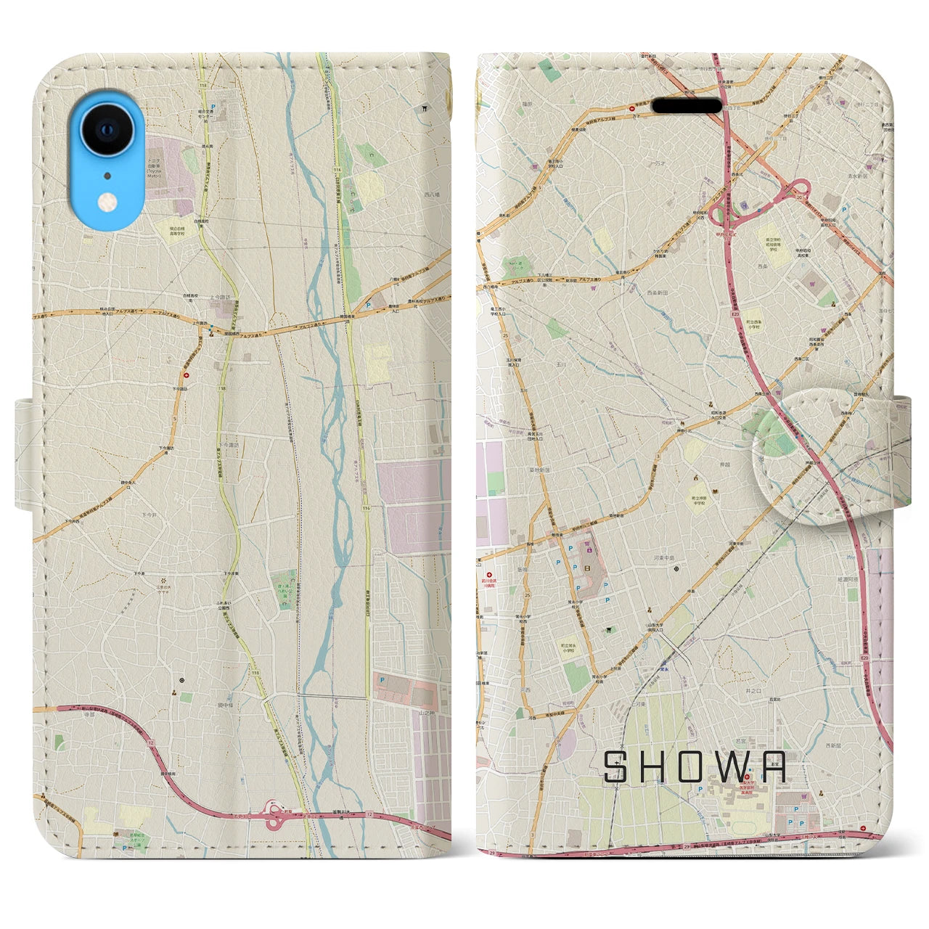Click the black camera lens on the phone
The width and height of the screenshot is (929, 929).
107,131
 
